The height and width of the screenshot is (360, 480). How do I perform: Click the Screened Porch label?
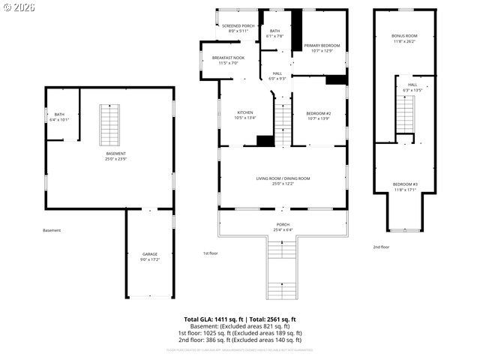tap(238, 26)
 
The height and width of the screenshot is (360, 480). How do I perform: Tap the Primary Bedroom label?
tap(322, 46)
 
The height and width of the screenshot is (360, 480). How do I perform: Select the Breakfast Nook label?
tap(228, 58)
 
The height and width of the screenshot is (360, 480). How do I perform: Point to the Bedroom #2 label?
tap(319, 113)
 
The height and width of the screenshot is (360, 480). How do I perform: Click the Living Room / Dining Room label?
tap(283, 178)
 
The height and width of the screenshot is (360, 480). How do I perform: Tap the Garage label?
tap(150, 254)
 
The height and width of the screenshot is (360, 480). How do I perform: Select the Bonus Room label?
tap(404, 36)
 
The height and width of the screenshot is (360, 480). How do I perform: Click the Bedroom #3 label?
tap(405, 184)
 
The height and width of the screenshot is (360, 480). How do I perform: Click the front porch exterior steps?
tap(283, 271)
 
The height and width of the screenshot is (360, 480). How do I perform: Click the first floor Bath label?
tap(275, 31)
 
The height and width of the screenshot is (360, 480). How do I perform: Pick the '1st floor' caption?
tap(211, 253)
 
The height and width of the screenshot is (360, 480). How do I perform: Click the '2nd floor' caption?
tap(381, 247)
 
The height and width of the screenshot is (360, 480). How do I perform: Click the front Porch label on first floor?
tap(283, 224)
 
